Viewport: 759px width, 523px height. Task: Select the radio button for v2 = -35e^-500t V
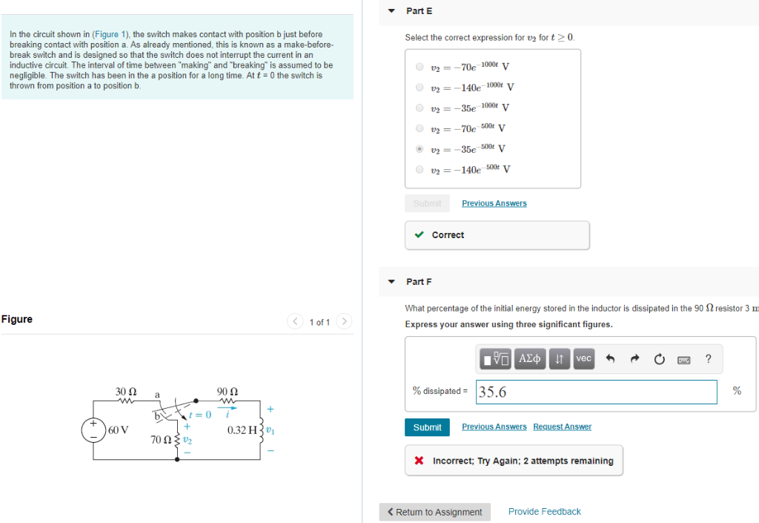click(x=420, y=148)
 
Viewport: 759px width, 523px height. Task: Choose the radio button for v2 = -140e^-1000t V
click(x=420, y=87)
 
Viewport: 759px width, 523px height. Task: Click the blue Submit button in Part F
click(x=427, y=427)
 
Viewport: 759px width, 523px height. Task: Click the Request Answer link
click(x=562, y=427)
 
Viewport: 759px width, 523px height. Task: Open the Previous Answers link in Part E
click(x=494, y=203)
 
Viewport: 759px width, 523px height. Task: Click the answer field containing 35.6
click(x=596, y=392)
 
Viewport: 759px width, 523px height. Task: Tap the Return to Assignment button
click(x=434, y=512)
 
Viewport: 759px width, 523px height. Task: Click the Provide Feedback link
click(x=544, y=512)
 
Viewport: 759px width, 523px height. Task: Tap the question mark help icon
click(x=708, y=359)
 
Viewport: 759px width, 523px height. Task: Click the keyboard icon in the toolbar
click(x=683, y=360)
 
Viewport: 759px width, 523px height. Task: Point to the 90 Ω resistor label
click(x=227, y=391)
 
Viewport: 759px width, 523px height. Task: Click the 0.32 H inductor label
click(x=242, y=430)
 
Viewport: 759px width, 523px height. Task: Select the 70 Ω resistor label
click(x=161, y=440)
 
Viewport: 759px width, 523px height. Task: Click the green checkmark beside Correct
click(x=420, y=235)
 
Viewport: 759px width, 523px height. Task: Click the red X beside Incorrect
click(x=420, y=461)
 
